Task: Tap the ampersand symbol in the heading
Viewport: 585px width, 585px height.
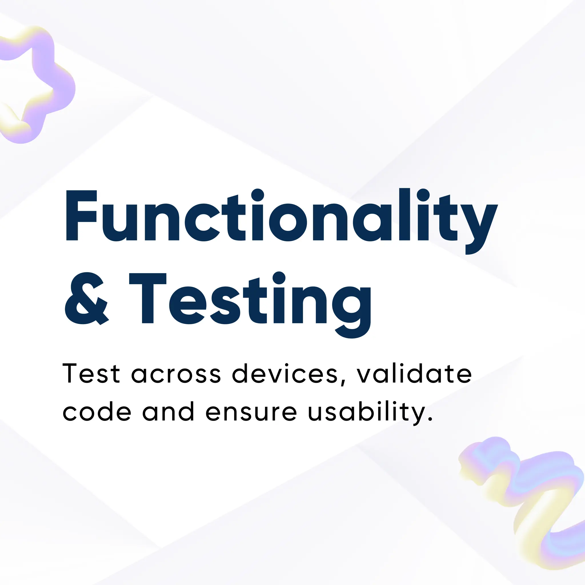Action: point(87,298)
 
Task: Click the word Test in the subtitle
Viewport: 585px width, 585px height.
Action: point(91,374)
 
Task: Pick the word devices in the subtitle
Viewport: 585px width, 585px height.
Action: point(285,374)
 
